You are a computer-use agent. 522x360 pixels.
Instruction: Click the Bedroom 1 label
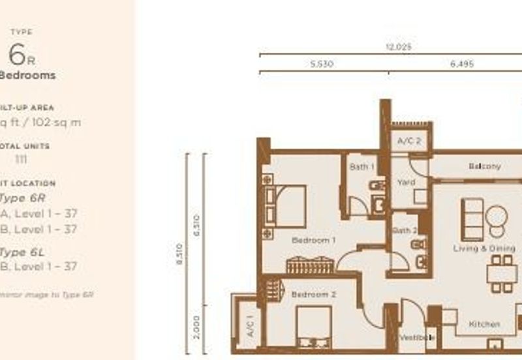[x=313, y=241]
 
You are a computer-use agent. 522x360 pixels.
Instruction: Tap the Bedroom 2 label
[x=313, y=295]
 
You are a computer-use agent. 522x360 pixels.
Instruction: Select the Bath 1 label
[x=361, y=167]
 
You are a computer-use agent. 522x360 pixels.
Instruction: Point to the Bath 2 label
[x=405, y=231]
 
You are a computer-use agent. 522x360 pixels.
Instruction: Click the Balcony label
[x=485, y=166]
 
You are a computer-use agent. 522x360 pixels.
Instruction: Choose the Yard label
[x=406, y=183]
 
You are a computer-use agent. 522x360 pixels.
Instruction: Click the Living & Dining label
[x=484, y=248]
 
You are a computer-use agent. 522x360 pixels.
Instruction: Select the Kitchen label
[x=484, y=324]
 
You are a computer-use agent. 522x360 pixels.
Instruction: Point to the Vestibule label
[x=416, y=338]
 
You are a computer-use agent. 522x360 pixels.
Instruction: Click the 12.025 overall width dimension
[x=399, y=48]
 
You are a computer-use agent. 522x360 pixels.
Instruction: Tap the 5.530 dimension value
[x=322, y=65]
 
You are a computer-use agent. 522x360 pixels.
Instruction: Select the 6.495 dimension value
[x=461, y=65]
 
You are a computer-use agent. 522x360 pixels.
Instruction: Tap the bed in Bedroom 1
[x=286, y=198]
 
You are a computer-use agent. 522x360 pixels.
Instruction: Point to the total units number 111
[x=22, y=159]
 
